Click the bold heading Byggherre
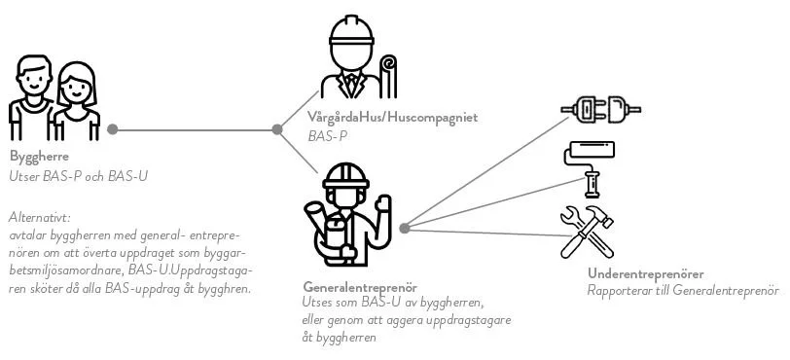point(39,159)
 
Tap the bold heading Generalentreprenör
point(360,289)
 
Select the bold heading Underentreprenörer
point(646,274)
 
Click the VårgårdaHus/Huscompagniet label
point(392,119)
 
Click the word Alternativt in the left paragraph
point(42,218)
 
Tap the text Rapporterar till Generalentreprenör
point(684,290)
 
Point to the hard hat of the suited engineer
point(351,34)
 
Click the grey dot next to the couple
point(113,128)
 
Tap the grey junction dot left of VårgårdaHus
point(277,127)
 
